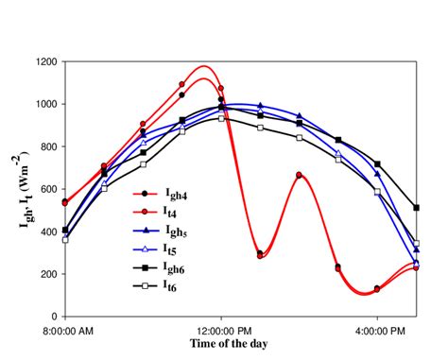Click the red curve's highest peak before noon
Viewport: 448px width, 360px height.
click(202, 66)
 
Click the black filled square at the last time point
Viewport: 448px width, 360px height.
click(417, 207)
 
